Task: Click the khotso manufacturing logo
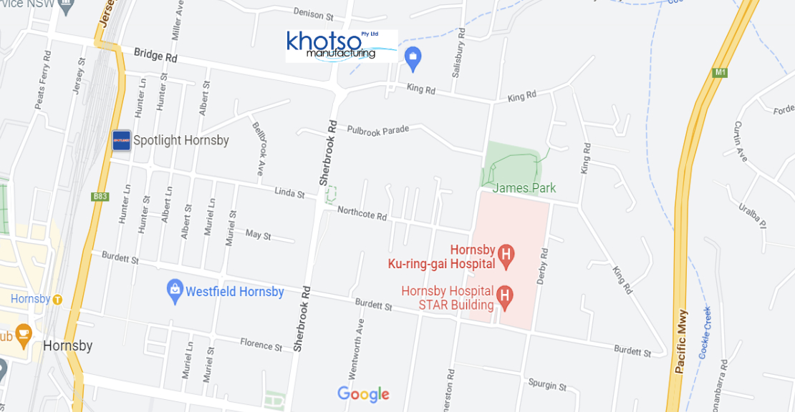(342, 46)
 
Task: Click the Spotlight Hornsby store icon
(122, 140)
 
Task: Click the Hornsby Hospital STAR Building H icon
(504, 295)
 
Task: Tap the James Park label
(524, 189)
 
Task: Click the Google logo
(363, 394)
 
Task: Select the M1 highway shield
(720, 72)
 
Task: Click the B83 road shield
(100, 195)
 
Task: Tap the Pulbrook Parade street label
(377, 129)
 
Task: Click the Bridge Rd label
(155, 54)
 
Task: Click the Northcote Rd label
(362, 213)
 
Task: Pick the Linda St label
(290, 193)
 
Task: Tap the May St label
(258, 235)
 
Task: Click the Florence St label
(261, 344)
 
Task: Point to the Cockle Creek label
(705, 333)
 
